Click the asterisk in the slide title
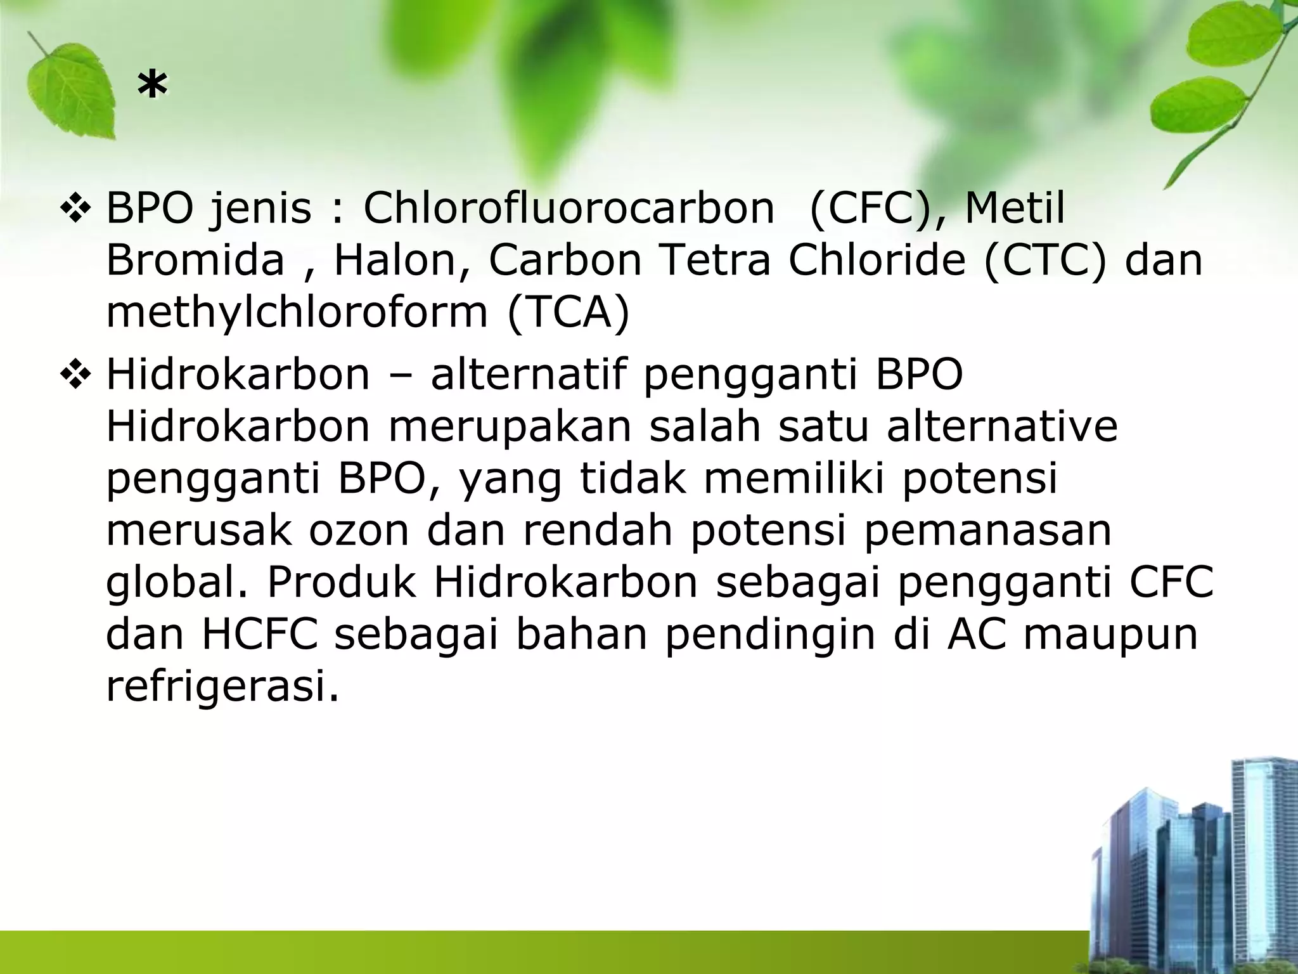coord(153,87)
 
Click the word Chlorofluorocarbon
coord(569,208)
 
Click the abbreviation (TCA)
coord(568,312)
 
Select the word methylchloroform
coord(297,312)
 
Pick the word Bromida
coord(195,260)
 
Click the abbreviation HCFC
coord(259,634)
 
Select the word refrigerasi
coord(222,686)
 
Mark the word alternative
coord(1002,426)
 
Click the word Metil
coord(1015,208)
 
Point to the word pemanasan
coord(987,530)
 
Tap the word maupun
coord(1110,635)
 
